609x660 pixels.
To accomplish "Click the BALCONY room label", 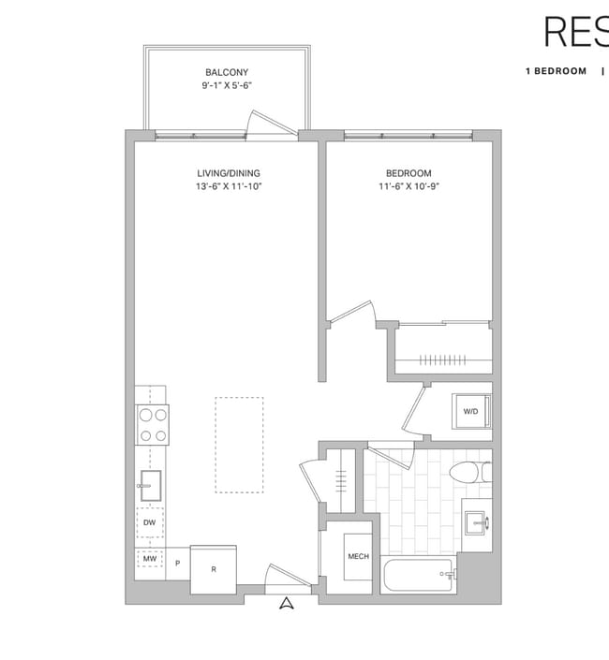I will pyautogui.click(x=227, y=72).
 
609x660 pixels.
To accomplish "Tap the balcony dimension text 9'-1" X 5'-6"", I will pyautogui.click(x=227, y=85).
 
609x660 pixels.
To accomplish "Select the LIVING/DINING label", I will pyautogui.click(x=229, y=173).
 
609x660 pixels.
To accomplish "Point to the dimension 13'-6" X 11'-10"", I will pyautogui.click(x=229, y=187).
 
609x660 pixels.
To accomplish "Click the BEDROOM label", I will pyautogui.click(x=408, y=173).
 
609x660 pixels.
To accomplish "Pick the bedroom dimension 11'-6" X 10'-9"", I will pyautogui.click(x=408, y=187).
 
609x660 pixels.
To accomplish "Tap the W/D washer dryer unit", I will pyautogui.click(x=471, y=411).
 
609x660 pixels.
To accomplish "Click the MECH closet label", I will pyautogui.click(x=358, y=557).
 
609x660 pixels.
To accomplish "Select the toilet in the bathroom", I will pyautogui.click(x=469, y=471).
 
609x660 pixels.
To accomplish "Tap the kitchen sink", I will pyautogui.click(x=150, y=481).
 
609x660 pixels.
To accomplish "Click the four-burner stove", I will pyautogui.click(x=153, y=424).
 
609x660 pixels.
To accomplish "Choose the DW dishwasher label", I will pyautogui.click(x=150, y=522).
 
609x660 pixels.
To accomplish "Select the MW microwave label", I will pyautogui.click(x=149, y=560).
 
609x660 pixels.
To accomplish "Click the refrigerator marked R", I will pyautogui.click(x=214, y=567).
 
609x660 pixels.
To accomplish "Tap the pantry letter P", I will pyautogui.click(x=178, y=564).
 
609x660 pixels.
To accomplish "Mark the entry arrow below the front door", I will pyautogui.click(x=287, y=604).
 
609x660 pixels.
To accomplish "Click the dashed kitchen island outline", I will pyautogui.click(x=239, y=445).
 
